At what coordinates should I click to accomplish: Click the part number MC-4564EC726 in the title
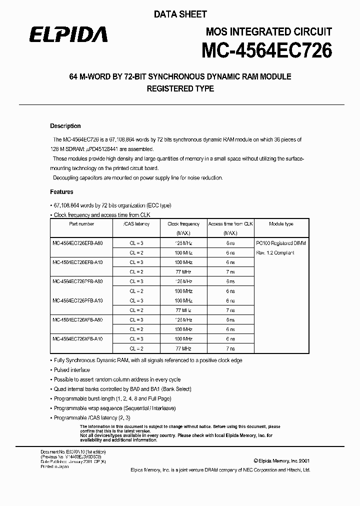pos(266,50)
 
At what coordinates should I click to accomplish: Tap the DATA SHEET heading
pos(180,15)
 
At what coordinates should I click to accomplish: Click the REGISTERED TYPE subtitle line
pos(180,88)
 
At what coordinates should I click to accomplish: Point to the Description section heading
pos(65,126)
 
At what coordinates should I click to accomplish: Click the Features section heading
pos(61,191)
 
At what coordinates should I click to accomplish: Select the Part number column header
pos(81,224)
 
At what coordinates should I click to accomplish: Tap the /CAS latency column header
pos(136,224)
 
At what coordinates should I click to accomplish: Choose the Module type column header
pos(281,224)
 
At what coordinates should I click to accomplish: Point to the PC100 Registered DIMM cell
pos(280,243)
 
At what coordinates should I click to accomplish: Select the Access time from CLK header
pos(230,224)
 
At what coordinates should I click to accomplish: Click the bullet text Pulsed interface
pos(72,370)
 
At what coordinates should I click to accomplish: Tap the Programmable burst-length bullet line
pos(112,398)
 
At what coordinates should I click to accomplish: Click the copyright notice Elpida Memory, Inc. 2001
pos(281,460)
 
